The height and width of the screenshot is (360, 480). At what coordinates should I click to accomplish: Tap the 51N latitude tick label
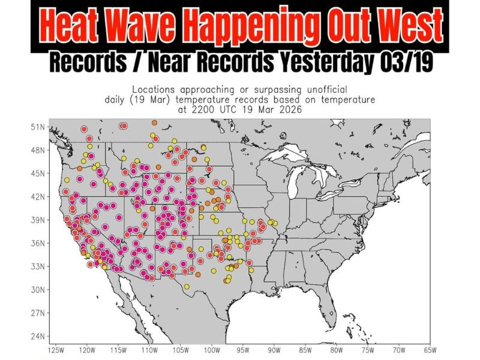38,127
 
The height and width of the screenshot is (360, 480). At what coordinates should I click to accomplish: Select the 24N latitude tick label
38,335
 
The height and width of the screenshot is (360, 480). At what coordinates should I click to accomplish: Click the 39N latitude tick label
38,220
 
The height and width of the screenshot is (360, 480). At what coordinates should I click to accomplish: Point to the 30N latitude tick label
38,289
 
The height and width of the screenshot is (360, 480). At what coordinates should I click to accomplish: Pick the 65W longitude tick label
430,349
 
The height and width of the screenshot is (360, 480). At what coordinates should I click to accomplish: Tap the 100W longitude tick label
212,349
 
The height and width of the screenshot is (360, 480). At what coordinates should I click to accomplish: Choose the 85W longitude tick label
305,349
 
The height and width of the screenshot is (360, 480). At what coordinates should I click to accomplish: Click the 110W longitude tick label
149,349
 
